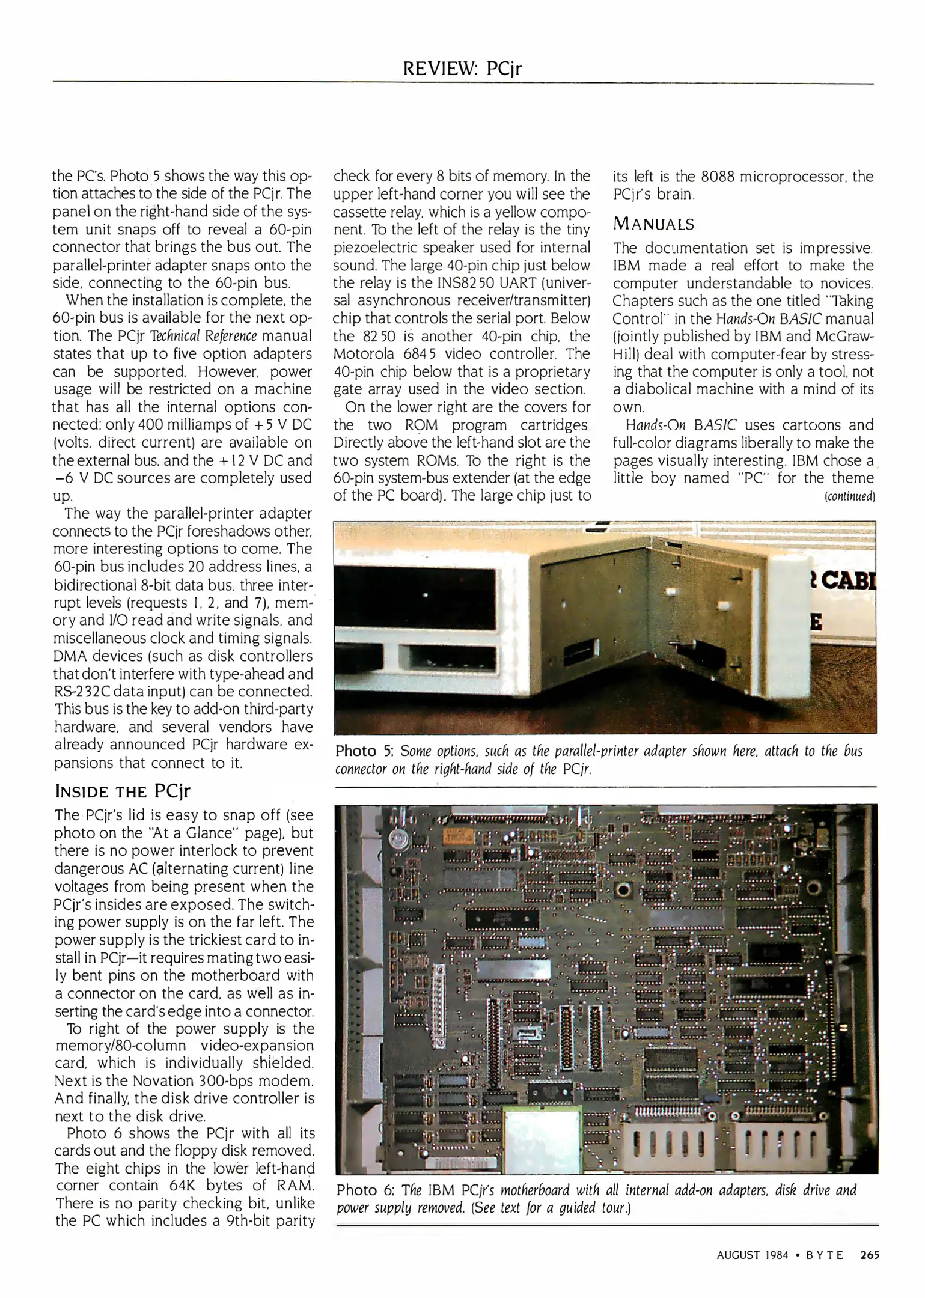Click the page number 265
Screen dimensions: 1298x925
coord(870,1255)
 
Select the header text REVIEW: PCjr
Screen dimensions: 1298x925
coord(462,69)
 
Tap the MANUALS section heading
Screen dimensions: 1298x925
coord(653,224)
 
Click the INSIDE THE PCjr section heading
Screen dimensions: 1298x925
coord(122,790)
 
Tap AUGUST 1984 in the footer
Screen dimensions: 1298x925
coord(752,1255)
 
